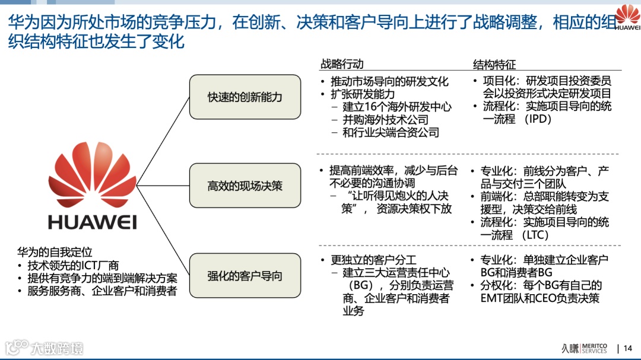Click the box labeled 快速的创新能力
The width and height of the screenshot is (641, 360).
[245, 96]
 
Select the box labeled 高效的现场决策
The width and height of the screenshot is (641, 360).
[245, 186]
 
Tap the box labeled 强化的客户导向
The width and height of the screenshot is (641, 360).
[245, 275]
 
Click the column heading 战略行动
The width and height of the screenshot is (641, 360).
[342, 64]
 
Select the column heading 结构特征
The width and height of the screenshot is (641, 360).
[494, 64]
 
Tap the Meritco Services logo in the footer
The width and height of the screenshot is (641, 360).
[584, 348]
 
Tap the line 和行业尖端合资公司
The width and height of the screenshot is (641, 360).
[391, 132]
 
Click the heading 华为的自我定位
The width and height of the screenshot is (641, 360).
[55, 253]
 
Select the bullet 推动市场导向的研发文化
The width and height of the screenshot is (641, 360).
[389, 81]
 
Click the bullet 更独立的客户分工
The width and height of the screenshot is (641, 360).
[374, 260]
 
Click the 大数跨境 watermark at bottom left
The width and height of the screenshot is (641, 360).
[45, 348]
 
